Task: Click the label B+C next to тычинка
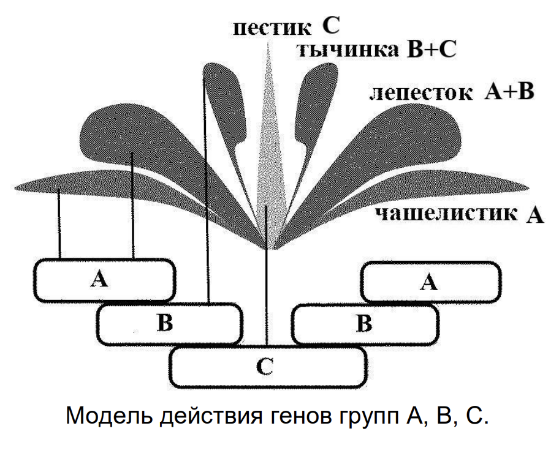pos(432,50)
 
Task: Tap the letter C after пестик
pos(331,26)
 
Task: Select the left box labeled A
pos(104,280)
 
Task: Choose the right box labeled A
pos(429,282)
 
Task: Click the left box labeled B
pos(169,323)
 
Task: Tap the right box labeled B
pos(365,323)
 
